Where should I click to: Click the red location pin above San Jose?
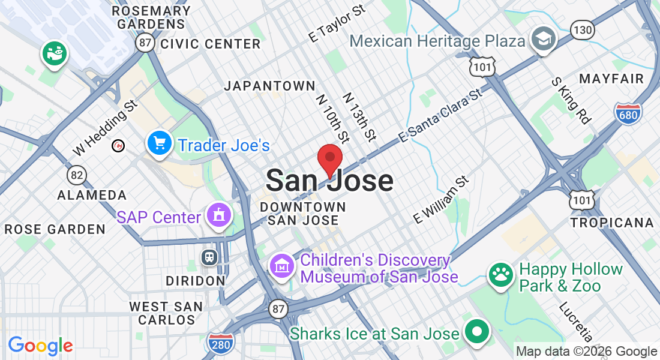(329, 158)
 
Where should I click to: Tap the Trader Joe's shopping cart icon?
(159, 144)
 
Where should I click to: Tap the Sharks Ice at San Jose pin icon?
(477, 332)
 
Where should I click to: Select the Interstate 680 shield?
(628, 113)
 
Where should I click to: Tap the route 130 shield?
(583, 29)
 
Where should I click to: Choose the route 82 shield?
(76, 175)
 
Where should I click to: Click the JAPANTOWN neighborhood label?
(269, 86)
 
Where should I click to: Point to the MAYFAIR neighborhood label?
(611, 79)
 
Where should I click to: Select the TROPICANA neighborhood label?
(612, 223)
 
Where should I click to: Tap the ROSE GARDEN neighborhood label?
(55, 229)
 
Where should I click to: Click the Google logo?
(40, 346)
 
